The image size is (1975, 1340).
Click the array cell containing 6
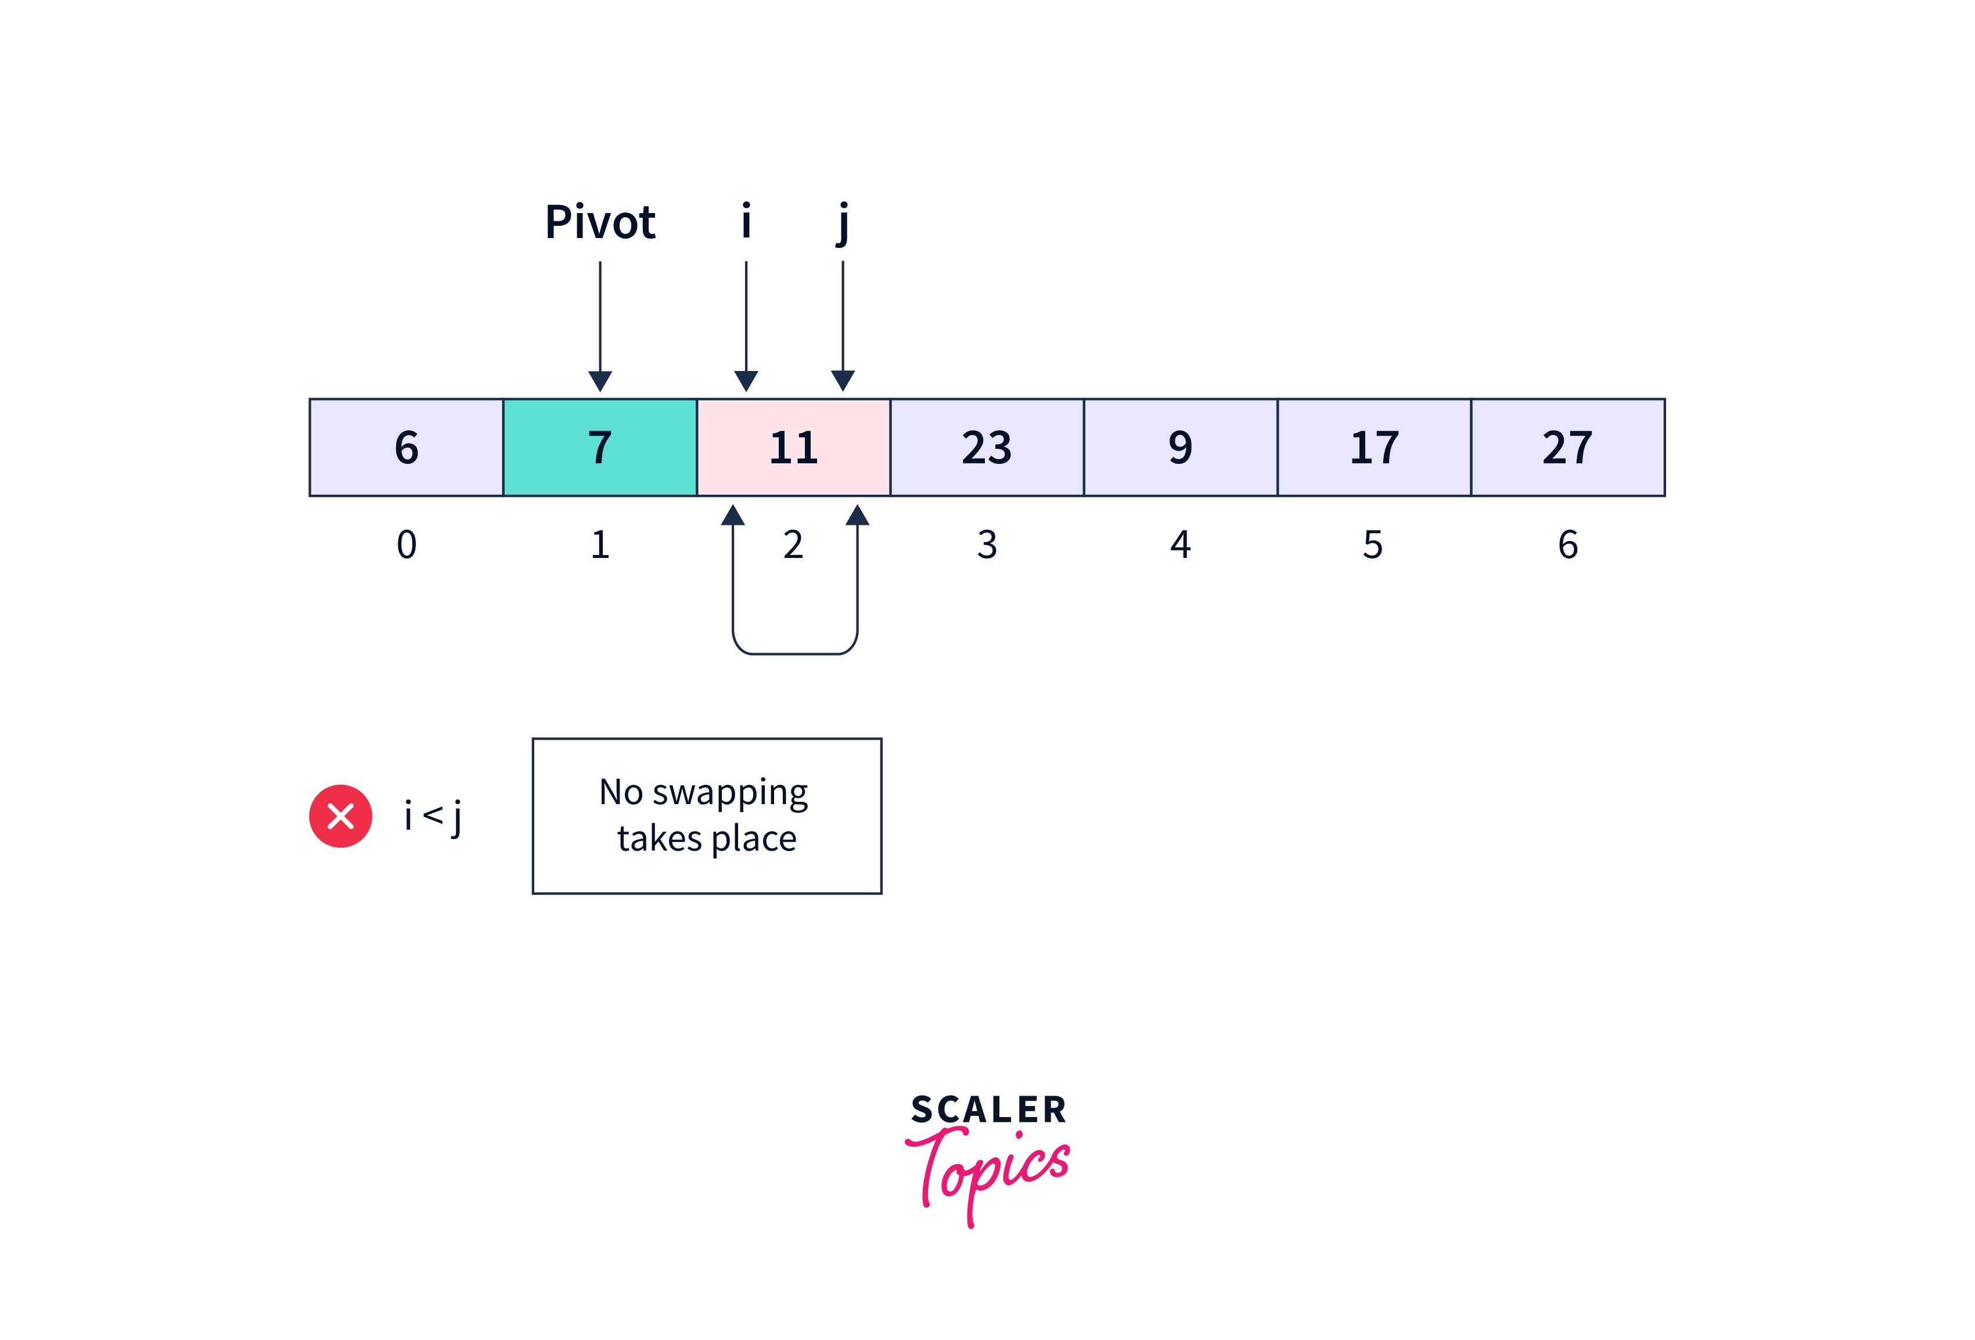click(x=406, y=447)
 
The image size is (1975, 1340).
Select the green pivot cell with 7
click(x=600, y=447)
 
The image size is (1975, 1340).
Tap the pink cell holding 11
click(x=793, y=447)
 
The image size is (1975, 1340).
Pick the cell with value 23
click(x=987, y=447)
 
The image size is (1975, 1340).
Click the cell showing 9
click(x=1181, y=447)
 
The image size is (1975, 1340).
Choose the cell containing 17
click(x=1374, y=447)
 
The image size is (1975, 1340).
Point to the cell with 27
click(x=1567, y=447)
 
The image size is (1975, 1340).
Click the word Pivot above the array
click(x=600, y=222)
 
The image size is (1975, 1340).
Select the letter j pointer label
click(x=842, y=222)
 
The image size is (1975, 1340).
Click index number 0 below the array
click(x=406, y=545)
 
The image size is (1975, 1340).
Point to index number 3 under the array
click(x=987, y=545)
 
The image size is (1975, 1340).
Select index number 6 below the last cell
click(x=1568, y=545)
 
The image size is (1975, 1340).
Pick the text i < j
click(x=433, y=816)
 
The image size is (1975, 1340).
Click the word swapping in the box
click(x=729, y=793)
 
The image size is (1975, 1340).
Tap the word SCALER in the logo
click(x=988, y=1110)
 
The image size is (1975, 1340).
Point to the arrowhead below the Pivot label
click(x=600, y=381)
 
